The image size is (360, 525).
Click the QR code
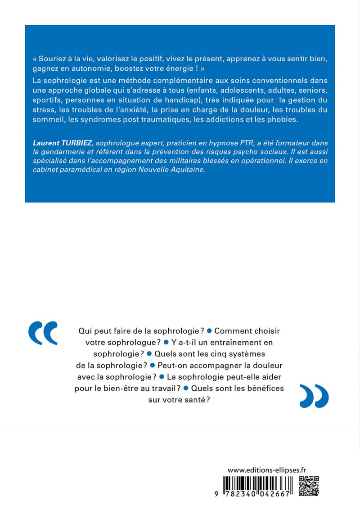tap(309, 485)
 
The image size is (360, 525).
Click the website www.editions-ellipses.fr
tap(266, 469)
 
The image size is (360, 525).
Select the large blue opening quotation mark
tap(43, 333)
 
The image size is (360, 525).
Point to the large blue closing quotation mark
tap(314, 396)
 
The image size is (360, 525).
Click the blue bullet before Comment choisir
tap(209, 330)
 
